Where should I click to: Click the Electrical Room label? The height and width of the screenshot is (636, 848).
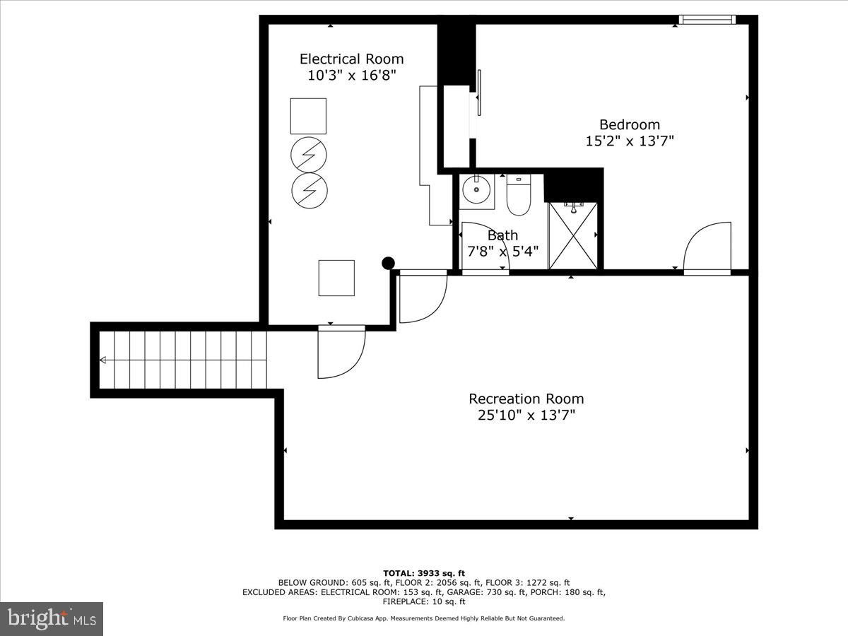[351, 59]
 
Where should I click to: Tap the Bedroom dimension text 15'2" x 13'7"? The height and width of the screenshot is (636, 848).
[630, 141]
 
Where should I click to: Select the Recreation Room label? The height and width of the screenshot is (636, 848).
[526, 399]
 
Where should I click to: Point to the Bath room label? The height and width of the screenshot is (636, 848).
[502, 235]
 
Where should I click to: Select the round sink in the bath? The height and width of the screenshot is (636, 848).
[476, 190]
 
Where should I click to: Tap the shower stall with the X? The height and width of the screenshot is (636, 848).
[573, 235]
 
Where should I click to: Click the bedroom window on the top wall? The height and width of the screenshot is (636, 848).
[707, 20]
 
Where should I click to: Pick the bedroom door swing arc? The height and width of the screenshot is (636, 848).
[707, 247]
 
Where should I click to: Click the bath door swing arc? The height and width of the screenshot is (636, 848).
[485, 247]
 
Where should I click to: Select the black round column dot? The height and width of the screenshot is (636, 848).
[388, 264]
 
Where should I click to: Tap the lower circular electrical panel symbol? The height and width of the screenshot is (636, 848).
[309, 189]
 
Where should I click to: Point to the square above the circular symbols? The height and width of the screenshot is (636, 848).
[308, 116]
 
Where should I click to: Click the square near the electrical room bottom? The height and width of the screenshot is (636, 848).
[336, 278]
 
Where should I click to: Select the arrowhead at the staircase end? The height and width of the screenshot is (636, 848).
[102, 360]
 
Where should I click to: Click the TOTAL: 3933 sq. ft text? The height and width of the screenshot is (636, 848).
[424, 572]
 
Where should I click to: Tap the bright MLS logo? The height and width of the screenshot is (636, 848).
[52, 619]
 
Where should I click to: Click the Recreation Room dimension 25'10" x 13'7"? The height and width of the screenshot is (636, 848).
[526, 416]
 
